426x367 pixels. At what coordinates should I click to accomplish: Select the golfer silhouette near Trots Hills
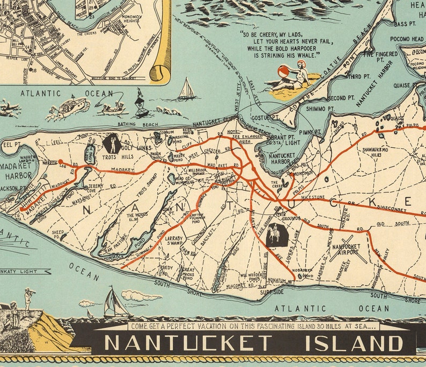(112, 143)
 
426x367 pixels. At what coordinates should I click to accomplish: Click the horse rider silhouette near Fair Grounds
(275, 235)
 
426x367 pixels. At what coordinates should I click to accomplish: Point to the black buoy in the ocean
(142, 104)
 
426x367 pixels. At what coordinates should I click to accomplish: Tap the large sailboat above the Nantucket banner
(114, 303)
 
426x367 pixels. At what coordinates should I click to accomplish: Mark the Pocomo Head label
(409, 40)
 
